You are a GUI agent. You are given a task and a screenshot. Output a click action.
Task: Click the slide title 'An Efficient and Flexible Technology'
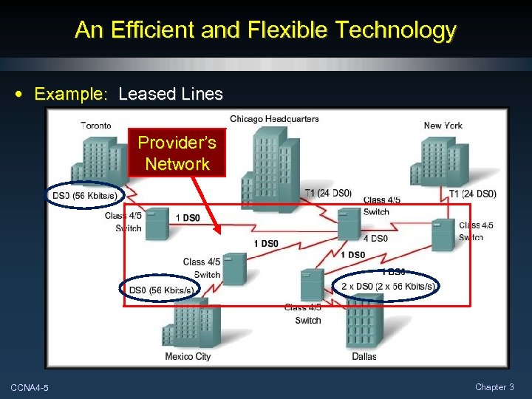[265, 30]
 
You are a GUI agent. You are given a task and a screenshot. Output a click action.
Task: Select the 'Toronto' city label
[96, 126]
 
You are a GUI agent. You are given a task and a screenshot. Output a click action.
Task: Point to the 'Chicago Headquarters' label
[274, 119]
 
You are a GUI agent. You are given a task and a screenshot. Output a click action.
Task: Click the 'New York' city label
[443, 126]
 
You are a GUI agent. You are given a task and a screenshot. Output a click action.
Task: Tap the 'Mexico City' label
[188, 356]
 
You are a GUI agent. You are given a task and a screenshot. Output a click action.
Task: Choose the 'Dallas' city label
[364, 356]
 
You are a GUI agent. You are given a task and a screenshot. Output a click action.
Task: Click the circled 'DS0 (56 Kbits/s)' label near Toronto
[84, 196]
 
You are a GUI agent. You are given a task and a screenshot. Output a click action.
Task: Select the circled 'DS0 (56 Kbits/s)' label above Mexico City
[161, 290]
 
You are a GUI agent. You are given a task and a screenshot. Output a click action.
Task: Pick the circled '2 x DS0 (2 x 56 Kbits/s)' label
[388, 286]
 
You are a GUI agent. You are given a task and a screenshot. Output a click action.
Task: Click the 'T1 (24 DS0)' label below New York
[473, 194]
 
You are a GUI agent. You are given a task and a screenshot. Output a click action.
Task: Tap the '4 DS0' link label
[375, 238]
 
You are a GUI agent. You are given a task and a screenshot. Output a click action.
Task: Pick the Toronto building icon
[97, 163]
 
